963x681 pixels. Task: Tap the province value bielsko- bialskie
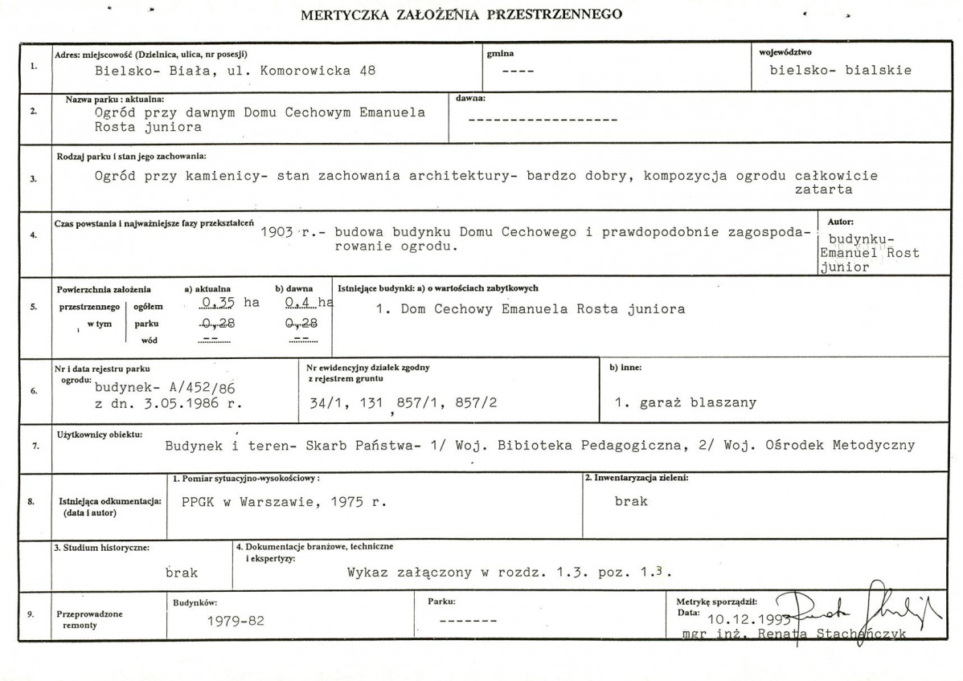point(840,70)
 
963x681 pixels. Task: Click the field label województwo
point(785,53)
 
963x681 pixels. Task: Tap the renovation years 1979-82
point(235,621)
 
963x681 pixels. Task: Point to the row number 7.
point(31,444)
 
